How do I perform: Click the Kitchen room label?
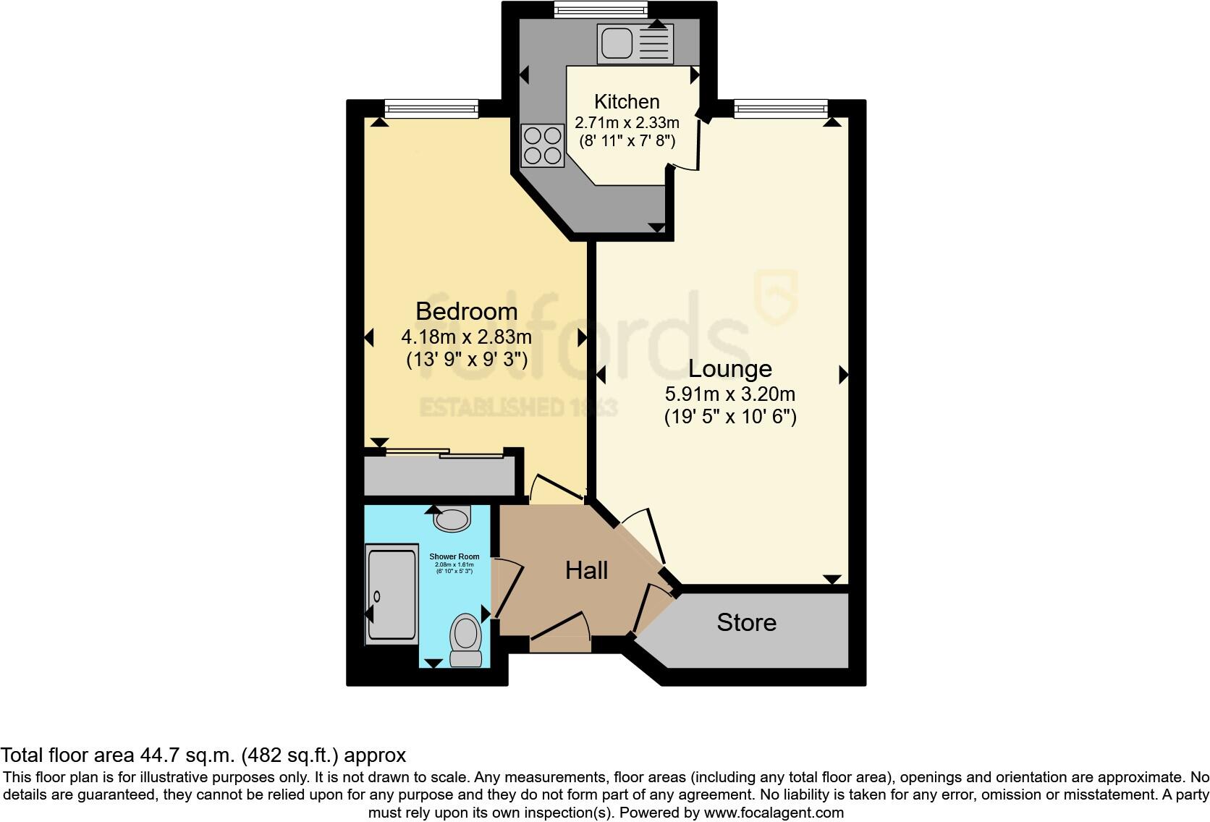click(627, 102)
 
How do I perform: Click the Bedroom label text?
click(466, 312)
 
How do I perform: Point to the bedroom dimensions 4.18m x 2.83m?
click(466, 336)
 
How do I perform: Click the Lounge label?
click(729, 369)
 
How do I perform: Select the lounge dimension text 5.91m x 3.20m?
click(729, 394)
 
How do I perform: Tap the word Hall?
click(586, 571)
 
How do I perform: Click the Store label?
click(746, 623)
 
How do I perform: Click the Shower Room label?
click(454, 556)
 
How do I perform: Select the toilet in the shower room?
click(465, 640)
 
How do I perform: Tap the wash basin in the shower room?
click(452, 518)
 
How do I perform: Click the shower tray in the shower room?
click(392, 593)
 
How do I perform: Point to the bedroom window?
click(431, 109)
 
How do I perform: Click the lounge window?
click(780, 109)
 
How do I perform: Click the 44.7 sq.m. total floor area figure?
click(187, 755)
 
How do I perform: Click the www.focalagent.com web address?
click(774, 813)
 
